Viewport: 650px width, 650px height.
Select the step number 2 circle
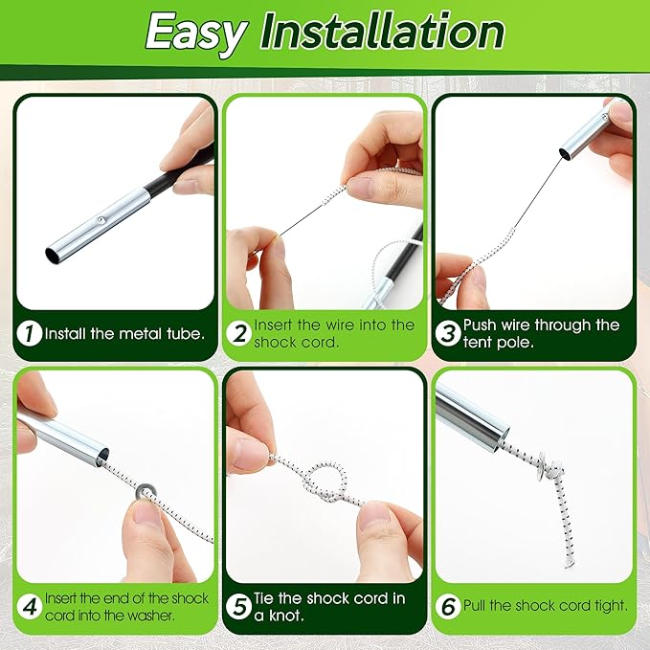(x=239, y=334)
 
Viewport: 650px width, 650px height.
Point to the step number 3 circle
(x=448, y=334)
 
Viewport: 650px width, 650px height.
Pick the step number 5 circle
(x=239, y=605)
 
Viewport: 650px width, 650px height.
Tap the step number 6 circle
(x=448, y=605)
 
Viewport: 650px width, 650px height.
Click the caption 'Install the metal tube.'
(x=124, y=334)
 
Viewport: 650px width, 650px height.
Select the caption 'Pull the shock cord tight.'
(x=546, y=605)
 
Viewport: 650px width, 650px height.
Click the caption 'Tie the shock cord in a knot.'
(x=329, y=606)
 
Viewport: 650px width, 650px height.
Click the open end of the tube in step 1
(x=54, y=255)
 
